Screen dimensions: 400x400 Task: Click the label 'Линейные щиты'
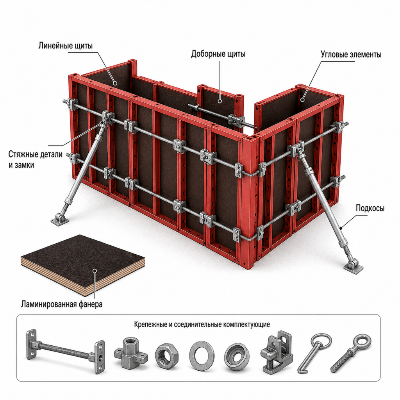point(66,46)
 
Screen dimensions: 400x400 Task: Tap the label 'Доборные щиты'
point(218,54)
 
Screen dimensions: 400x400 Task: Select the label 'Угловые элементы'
point(351,55)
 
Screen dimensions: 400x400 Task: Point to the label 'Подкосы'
point(370,208)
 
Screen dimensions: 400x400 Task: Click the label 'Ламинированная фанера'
point(62,304)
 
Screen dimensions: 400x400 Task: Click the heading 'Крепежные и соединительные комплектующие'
point(202,325)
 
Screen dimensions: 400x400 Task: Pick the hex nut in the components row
point(166,356)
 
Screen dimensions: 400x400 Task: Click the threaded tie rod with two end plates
point(65,351)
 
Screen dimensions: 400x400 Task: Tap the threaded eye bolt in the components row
point(351,353)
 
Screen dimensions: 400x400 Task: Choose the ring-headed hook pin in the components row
point(315,353)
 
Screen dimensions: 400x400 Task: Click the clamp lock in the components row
point(277,352)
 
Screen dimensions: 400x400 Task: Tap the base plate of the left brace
point(60,220)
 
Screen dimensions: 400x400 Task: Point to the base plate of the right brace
point(353,267)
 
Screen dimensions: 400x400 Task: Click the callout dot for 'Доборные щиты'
point(220,101)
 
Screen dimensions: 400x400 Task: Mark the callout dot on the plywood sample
point(95,271)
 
